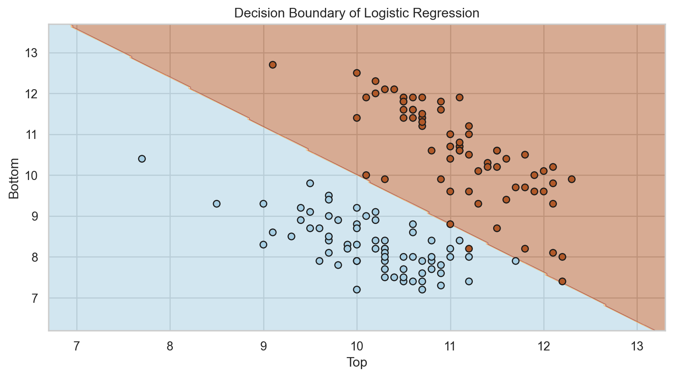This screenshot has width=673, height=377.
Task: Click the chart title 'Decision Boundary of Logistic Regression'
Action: (x=356, y=13)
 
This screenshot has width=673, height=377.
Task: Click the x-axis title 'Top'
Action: (x=356, y=363)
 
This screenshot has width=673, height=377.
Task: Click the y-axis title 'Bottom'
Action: (x=14, y=178)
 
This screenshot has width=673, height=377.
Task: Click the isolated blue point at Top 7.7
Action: (x=142, y=159)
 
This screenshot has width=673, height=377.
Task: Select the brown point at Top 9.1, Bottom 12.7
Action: (x=273, y=65)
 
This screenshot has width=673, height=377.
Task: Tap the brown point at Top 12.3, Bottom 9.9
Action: (x=571, y=179)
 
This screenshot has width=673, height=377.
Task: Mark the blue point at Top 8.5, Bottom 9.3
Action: (x=217, y=204)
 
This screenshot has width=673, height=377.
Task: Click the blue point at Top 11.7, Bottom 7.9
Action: (x=516, y=261)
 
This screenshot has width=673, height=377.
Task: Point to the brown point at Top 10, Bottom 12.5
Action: (x=357, y=73)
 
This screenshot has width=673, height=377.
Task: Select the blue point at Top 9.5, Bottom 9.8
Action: (x=310, y=183)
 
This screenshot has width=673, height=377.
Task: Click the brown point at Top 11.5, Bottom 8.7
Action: (x=497, y=228)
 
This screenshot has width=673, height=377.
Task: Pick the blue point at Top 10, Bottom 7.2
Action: (x=357, y=289)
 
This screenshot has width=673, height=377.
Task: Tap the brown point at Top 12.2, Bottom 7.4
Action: (x=562, y=281)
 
